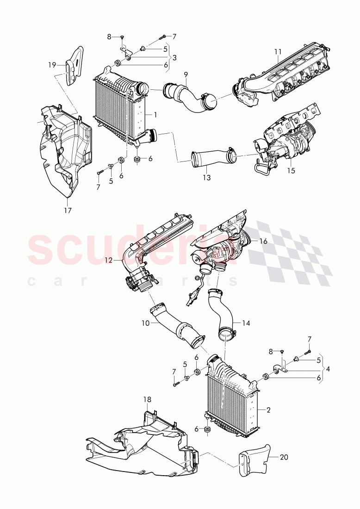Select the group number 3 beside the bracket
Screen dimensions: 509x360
(174, 57)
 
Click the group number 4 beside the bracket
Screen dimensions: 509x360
(328, 369)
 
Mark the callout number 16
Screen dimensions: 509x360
(263, 241)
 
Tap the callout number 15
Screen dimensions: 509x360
(291, 171)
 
